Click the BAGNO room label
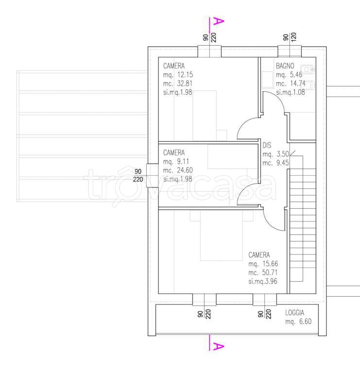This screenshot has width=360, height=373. (285, 66)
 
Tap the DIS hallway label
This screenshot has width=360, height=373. (267, 145)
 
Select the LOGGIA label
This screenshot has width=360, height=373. (294, 313)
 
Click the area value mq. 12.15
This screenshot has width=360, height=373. (178, 75)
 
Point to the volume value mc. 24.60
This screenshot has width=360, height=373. (178, 170)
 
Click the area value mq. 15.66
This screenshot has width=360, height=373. (263, 264)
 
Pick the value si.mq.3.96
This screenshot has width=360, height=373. (263, 281)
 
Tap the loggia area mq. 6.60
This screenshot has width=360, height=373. (298, 322)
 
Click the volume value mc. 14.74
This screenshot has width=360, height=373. (291, 84)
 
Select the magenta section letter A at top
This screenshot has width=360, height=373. (219, 21)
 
